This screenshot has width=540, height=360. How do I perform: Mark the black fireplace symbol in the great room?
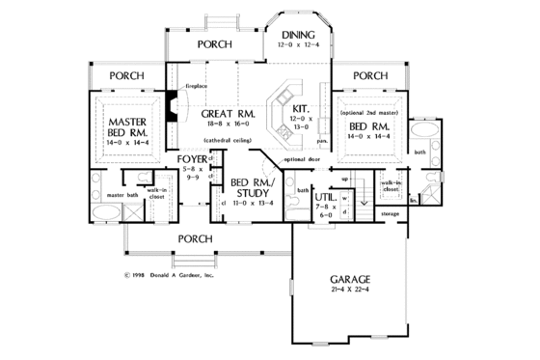click(170, 107)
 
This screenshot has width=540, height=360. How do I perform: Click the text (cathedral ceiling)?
click(228, 141)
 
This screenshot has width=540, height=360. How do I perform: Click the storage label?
click(391, 212)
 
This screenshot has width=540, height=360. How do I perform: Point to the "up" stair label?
click(345, 179)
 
